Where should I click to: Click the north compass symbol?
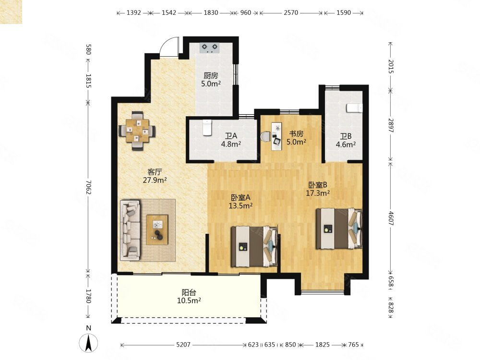[88, 343]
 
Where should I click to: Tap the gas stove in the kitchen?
[210, 48]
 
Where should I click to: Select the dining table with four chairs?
[137, 131]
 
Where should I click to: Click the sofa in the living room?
[131, 230]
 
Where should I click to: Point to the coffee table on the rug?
[157, 229]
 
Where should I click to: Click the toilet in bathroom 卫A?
[207, 127]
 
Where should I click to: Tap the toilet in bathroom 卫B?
[355, 108]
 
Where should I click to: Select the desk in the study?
[277, 136]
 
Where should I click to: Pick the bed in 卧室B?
[339, 228]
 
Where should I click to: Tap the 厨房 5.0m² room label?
[211, 80]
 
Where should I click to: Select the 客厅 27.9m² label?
[155, 176]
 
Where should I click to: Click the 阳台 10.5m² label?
[189, 297]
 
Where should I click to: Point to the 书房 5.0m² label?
[296, 138]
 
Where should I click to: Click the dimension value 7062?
[88, 187]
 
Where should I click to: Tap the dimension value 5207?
[183, 345]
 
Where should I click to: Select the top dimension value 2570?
[291, 12]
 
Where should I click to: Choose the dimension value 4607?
[391, 218]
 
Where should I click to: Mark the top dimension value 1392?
[134, 12]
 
